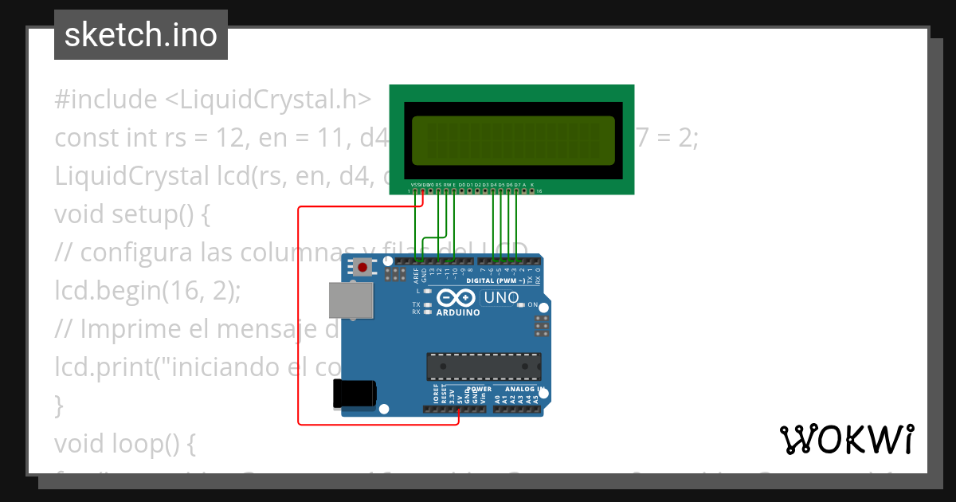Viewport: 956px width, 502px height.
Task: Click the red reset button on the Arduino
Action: pyautogui.click(x=363, y=268)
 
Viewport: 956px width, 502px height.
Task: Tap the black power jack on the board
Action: pyautogui.click(x=355, y=394)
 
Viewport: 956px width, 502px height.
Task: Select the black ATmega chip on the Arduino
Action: pyautogui.click(x=484, y=366)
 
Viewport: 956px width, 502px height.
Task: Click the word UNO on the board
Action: pyautogui.click(x=501, y=298)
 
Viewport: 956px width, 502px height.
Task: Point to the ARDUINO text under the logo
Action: pyautogui.click(x=458, y=312)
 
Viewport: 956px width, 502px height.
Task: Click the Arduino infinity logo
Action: pyautogui.click(x=456, y=298)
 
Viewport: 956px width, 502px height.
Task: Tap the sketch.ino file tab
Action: pyautogui.click(x=141, y=35)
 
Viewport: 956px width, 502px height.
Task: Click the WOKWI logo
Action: pyautogui.click(x=847, y=439)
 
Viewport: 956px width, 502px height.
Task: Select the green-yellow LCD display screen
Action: pyautogui.click(x=512, y=139)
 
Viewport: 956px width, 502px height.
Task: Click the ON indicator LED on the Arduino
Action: pyautogui.click(x=521, y=304)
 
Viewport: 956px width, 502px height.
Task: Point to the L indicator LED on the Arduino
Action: pyautogui.click(x=428, y=291)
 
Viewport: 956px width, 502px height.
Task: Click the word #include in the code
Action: pyautogui.click(x=106, y=100)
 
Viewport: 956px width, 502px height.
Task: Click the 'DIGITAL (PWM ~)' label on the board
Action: pyautogui.click(x=496, y=280)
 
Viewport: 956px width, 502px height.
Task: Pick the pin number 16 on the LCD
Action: pyautogui.click(x=539, y=191)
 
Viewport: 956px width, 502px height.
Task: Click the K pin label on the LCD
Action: pyautogui.click(x=532, y=185)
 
